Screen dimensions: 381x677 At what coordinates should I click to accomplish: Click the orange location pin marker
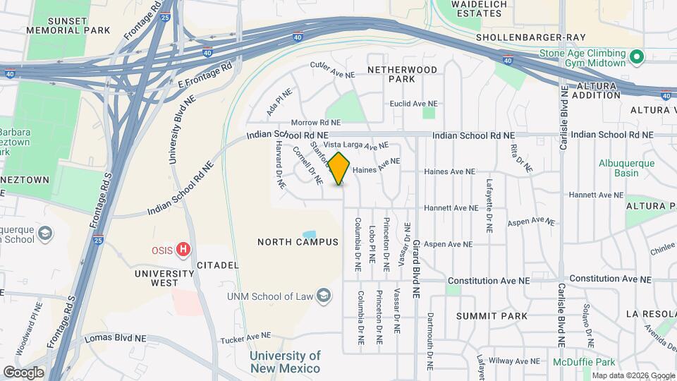pos(339,168)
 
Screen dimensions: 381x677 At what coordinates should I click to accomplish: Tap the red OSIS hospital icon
pos(184,249)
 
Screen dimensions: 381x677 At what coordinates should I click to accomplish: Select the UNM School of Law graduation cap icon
pos(324,294)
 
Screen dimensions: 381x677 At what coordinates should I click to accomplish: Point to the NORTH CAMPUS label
pos(298,242)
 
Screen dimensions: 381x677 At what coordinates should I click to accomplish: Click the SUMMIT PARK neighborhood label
pos(492,315)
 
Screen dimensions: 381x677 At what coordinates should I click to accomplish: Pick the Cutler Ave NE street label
pos(331,68)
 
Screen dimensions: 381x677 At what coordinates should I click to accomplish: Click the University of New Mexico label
pos(285,362)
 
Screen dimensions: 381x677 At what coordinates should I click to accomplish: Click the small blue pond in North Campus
pos(309,234)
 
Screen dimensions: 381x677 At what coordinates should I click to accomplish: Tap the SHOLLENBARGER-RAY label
pos(521,37)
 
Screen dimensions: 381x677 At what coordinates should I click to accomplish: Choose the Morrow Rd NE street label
pos(306,123)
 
